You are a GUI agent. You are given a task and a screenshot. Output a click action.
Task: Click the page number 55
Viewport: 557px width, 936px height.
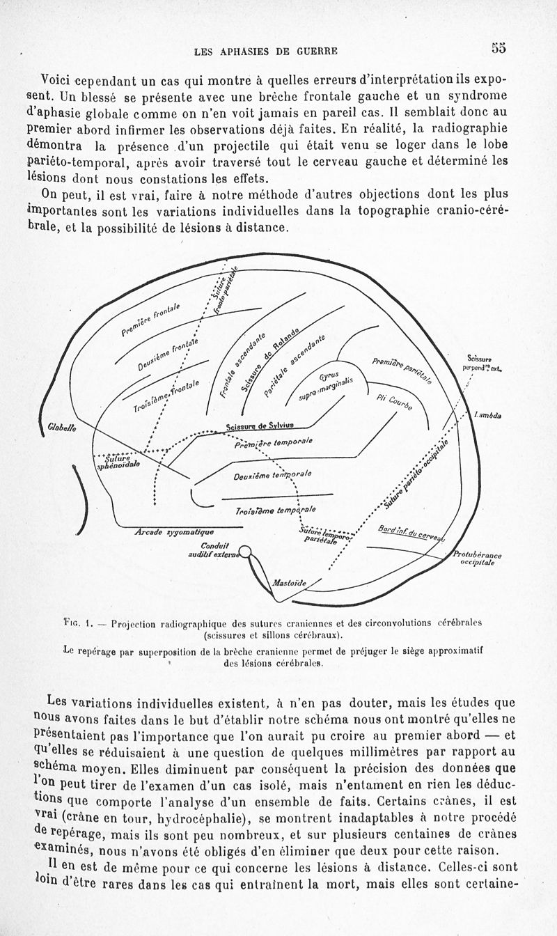pyautogui.click(x=498, y=48)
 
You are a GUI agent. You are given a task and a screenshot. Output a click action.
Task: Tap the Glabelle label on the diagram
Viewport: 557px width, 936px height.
pyautogui.click(x=62, y=429)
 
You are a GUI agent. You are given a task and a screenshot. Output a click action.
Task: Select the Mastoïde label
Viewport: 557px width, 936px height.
pyautogui.click(x=290, y=582)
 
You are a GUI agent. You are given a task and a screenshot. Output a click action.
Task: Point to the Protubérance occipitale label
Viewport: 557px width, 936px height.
pyautogui.click(x=477, y=558)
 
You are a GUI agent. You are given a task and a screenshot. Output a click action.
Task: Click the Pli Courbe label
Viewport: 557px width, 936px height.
pyautogui.click(x=394, y=403)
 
